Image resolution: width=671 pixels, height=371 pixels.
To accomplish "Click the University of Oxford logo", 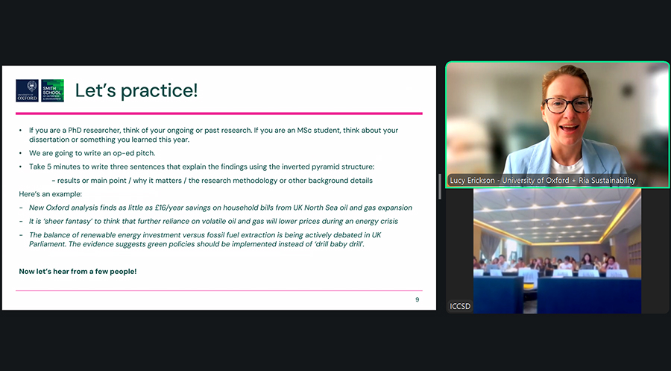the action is tap(27, 90).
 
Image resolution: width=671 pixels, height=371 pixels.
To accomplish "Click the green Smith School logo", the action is tap(53, 90).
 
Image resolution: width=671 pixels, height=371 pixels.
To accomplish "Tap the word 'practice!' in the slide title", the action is tap(160, 91).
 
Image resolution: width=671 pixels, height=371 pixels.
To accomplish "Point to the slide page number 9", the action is tap(418, 299).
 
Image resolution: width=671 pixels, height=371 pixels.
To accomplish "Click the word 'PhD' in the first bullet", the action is tap(75, 130).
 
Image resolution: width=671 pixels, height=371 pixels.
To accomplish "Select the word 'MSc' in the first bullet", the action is tap(304, 130).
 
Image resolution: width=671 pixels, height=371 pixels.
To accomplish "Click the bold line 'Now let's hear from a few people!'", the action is tap(78, 272).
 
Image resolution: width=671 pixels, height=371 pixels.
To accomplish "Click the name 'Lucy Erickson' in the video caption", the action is tap(472, 181).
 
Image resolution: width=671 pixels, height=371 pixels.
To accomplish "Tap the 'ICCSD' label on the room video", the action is tap(460, 306).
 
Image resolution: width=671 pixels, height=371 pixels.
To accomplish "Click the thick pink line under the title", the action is tap(219, 113).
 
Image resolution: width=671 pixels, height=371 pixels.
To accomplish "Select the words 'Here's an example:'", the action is tap(51, 194).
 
